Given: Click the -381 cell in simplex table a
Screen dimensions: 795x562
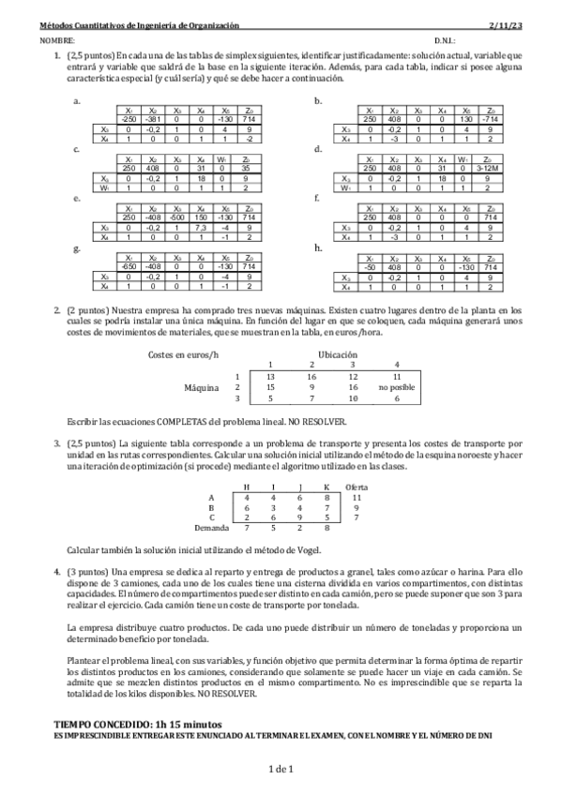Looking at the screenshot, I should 154,118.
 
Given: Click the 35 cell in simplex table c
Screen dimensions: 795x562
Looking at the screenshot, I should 246,168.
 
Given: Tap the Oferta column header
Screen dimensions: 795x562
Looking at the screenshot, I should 357,487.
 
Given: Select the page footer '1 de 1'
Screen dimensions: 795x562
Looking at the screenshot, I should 281,769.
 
